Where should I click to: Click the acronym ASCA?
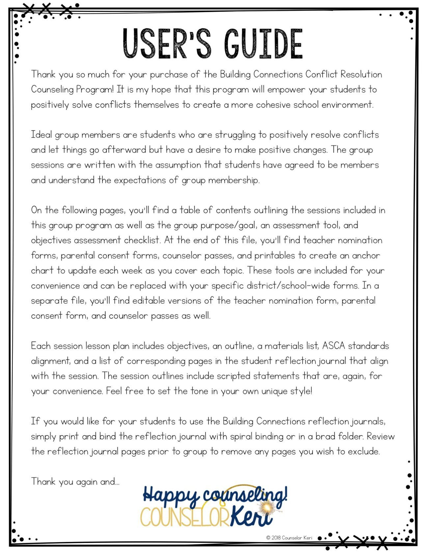pyautogui.click(x=333, y=346)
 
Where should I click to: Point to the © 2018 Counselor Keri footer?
pyautogui.click(x=289, y=538)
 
